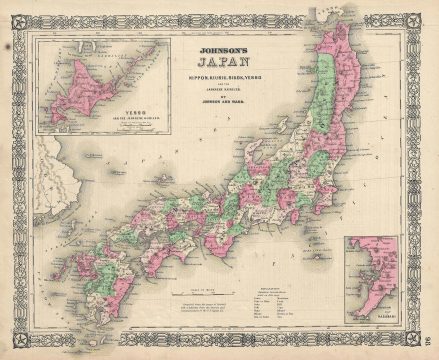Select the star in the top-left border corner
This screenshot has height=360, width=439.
coord(14,14)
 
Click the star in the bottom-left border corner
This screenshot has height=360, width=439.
coord(14,344)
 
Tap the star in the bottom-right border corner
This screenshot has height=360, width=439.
coord(424,344)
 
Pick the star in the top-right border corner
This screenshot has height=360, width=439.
coord(424,14)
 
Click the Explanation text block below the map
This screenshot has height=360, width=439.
coord(299,301)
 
